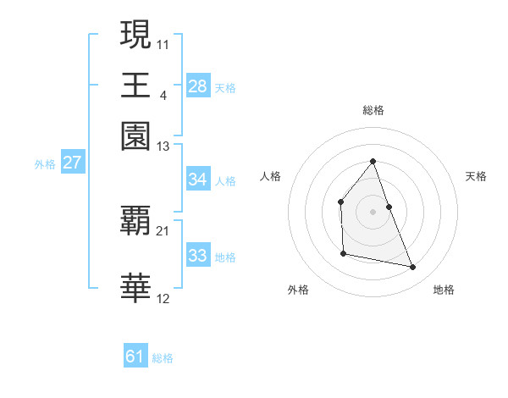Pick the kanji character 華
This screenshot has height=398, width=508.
tap(136, 287)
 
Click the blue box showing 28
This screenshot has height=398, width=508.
tap(198, 86)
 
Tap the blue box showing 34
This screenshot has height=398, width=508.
tap(198, 180)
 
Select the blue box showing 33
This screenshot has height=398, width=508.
tap(198, 256)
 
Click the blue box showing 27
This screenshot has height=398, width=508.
tap(72, 163)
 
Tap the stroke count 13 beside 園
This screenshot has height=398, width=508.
tap(163, 146)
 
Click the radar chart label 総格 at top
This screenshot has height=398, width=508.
tap(373, 111)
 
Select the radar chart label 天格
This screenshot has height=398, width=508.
tap(476, 176)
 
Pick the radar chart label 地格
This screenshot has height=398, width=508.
tap(444, 290)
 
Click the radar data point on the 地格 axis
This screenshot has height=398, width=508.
tap(413, 268)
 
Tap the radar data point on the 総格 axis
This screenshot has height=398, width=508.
tap(373, 161)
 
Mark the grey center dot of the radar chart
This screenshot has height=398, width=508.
tap(373, 211)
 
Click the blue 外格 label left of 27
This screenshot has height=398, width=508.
tap(44, 164)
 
